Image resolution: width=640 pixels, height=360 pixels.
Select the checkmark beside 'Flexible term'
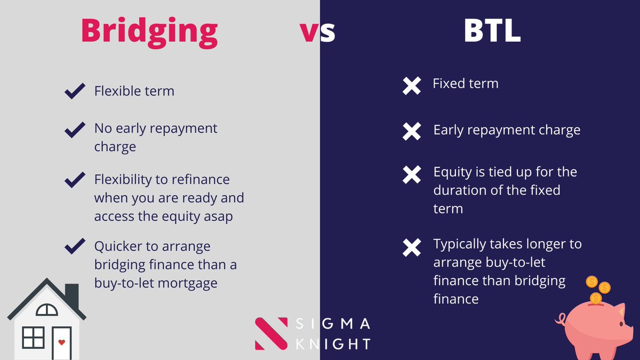pos(75,91)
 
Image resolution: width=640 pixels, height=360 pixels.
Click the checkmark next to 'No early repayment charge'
pos(75,129)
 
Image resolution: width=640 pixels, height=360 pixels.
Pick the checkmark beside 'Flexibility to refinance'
pos(75,180)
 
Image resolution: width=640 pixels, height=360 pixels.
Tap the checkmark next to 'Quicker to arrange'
pos(75,246)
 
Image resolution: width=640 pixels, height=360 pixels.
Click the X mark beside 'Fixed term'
pos(412,86)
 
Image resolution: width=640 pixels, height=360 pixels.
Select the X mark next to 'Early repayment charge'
pos(412,131)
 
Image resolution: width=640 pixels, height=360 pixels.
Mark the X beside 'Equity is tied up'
pos(412,174)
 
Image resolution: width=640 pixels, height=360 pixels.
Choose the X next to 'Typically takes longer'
pos(412,246)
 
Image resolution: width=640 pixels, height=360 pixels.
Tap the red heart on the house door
pos(61,342)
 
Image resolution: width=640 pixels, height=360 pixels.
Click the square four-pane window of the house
pos(33,338)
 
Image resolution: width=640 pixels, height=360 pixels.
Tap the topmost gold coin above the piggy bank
pos(591,282)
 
